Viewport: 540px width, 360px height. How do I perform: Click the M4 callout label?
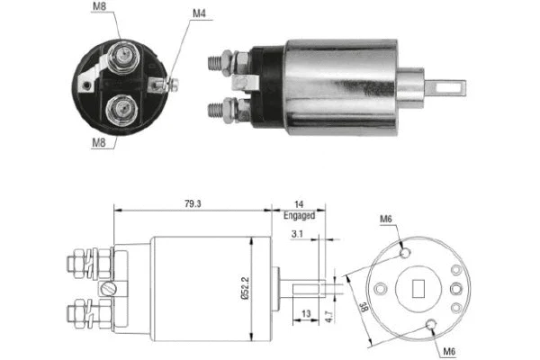coord(200,14)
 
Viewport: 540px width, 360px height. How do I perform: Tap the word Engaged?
coord(299,216)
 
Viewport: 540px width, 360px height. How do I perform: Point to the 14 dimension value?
coord(299,204)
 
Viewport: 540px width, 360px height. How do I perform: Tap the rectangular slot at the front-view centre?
coord(417,288)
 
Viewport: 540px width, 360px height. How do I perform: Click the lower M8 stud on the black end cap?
coord(121,112)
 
